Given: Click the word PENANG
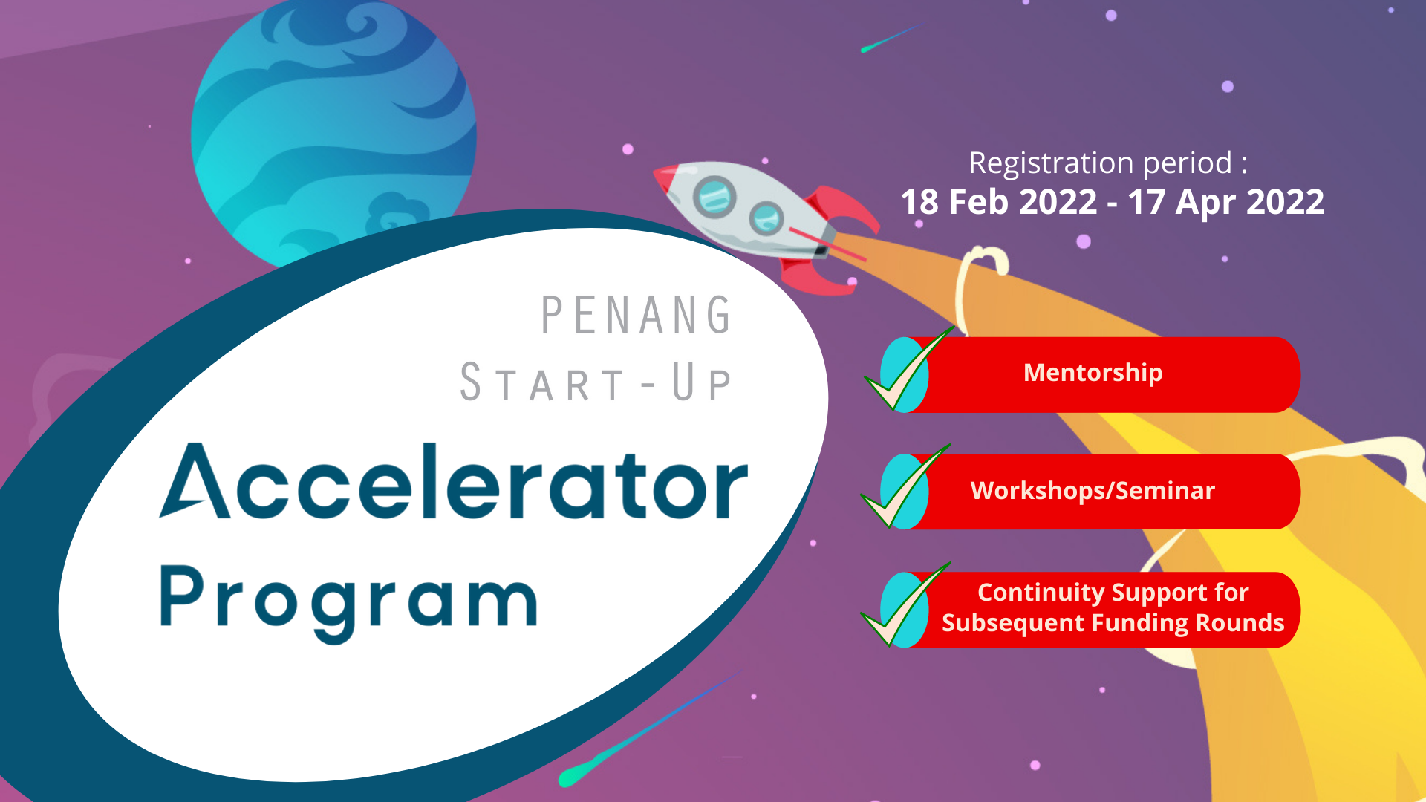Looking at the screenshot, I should (x=637, y=316).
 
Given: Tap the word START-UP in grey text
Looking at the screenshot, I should (x=596, y=383).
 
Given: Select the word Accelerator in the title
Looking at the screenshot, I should (x=453, y=483).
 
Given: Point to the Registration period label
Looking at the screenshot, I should (x=1107, y=163).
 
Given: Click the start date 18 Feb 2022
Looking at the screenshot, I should (x=998, y=203).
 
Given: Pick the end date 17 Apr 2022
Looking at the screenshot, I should (x=1225, y=203).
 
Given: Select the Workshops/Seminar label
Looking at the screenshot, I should (x=1093, y=491).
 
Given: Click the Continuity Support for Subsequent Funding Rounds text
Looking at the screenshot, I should (x=1113, y=608).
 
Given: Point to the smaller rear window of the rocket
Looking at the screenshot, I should (x=766, y=218).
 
